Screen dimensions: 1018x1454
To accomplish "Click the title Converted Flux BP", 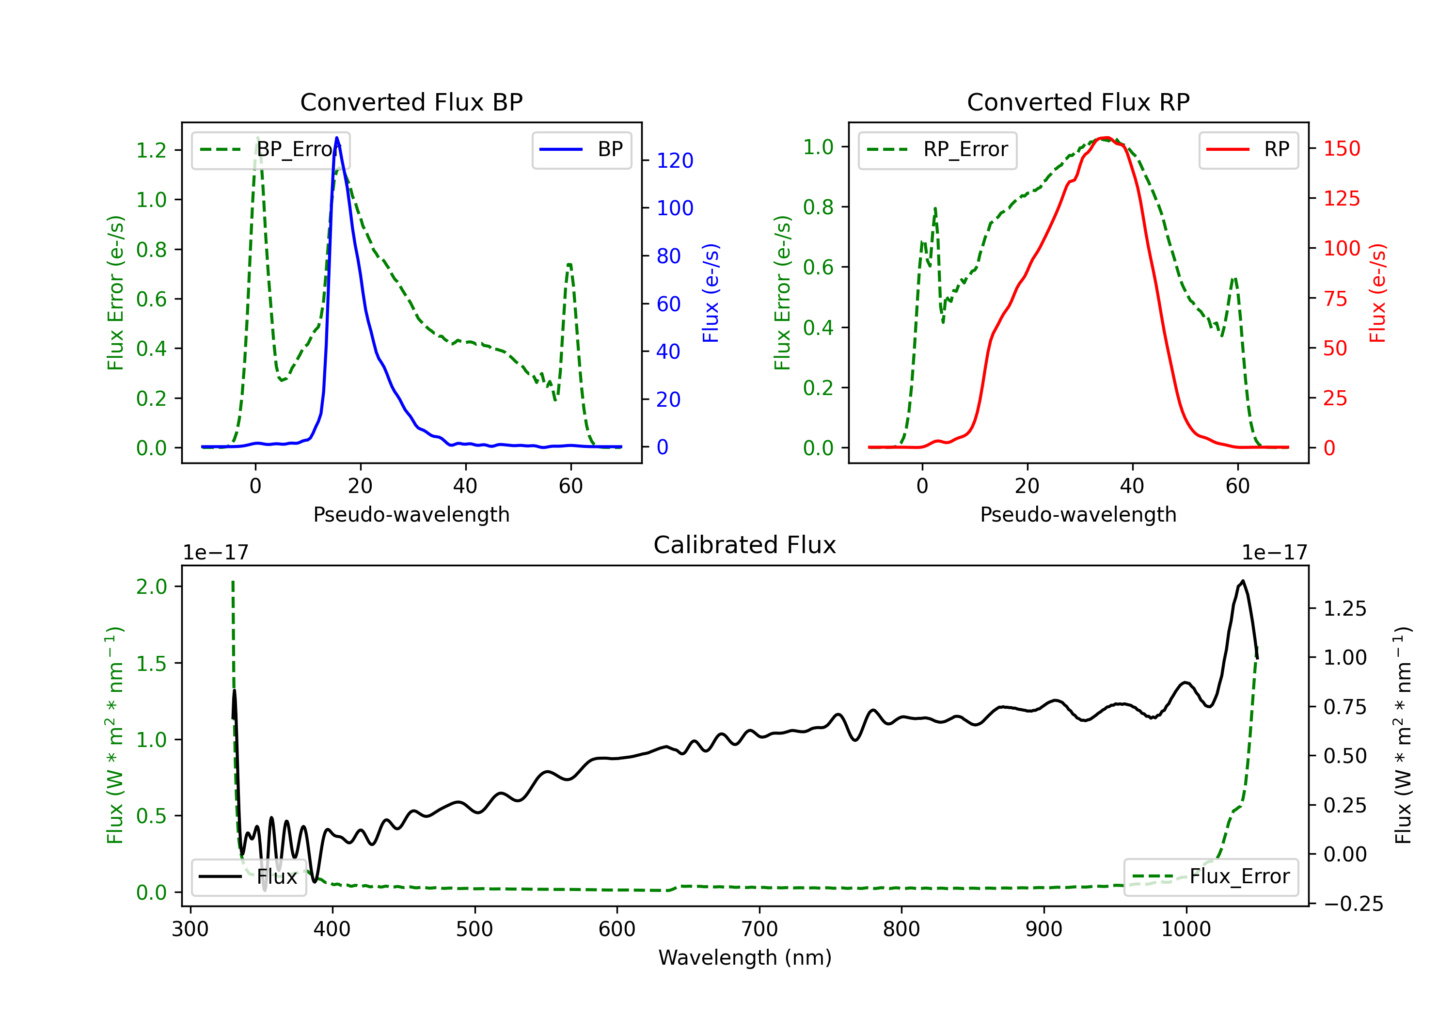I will click(x=411, y=102).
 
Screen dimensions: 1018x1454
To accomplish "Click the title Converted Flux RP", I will click(x=1078, y=102).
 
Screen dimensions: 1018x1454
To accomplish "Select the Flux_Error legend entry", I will click(x=1211, y=877).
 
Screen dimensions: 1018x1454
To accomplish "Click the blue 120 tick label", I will click(x=675, y=161).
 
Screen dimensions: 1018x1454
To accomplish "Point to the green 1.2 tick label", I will click(x=151, y=150).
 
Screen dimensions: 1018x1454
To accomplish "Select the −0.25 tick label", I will click(x=1353, y=904).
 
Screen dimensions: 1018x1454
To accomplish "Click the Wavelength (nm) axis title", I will click(x=745, y=958).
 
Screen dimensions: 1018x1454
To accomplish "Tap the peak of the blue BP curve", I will click(x=337, y=138).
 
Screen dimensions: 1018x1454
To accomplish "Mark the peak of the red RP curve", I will click(x=1105, y=138).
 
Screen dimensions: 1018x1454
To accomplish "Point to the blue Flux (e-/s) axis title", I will click(x=711, y=293).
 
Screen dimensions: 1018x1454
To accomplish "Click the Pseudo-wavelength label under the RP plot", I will click(x=1078, y=514).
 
